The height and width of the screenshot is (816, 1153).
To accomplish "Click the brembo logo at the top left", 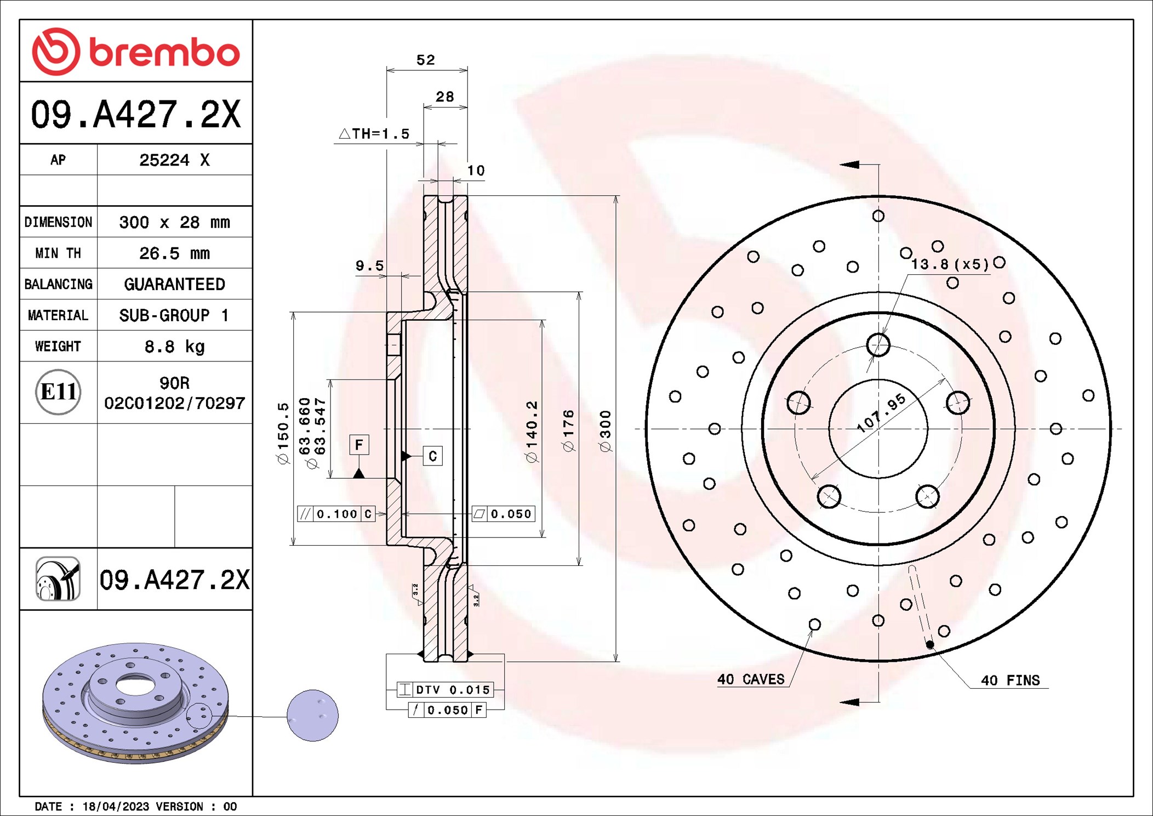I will [x=135, y=52].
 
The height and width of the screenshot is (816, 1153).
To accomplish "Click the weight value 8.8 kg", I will [x=174, y=347].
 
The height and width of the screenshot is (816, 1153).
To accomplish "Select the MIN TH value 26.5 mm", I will [x=174, y=253].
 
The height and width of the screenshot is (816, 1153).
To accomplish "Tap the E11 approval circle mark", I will [x=58, y=392].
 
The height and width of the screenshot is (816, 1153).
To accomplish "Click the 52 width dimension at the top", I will [x=426, y=60].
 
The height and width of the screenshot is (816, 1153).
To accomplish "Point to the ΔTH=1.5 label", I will [x=375, y=134].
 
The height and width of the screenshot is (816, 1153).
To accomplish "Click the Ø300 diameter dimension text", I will [x=605, y=431].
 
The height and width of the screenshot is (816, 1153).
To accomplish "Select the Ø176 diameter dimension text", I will [x=568, y=431].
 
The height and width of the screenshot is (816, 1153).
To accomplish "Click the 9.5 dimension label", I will [x=370, y=266].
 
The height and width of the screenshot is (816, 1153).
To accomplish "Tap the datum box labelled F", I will [x=359, y=445].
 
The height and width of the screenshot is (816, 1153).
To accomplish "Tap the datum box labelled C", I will [x=433, y=456].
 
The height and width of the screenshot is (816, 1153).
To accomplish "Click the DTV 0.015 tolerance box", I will [x=445, y=690].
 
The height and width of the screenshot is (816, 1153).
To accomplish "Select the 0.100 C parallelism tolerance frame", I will [x=336, y=514].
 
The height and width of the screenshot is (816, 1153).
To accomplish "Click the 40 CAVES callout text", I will [x=751, y=679].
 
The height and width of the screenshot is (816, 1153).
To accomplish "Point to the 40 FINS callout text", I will [x=1010, y=681].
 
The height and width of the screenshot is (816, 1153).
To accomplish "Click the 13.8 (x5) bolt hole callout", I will [x=950, y=264].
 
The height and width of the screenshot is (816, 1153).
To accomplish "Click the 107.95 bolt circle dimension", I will [x=881, y=413].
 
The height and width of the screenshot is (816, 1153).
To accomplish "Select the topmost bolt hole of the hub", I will [x=878, y=345].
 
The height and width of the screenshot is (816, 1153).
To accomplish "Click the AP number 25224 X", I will [x=174, y=160].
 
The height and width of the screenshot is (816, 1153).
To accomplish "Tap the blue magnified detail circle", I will [x=312, y=716].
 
